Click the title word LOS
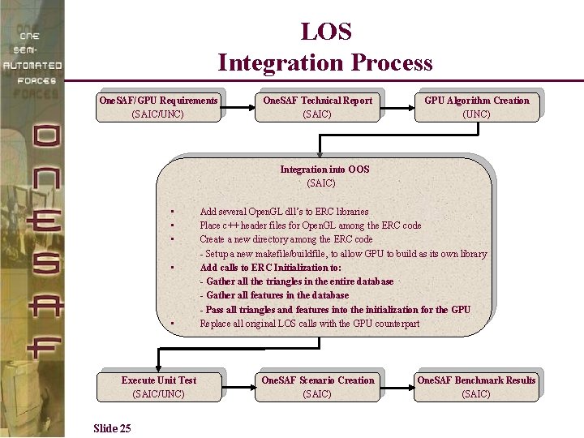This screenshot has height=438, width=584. click(326, 32)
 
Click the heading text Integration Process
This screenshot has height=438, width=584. click(325, 62)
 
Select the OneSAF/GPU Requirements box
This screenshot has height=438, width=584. click(158, 107)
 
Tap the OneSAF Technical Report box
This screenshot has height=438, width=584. click(317, 107)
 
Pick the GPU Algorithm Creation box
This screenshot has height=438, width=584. click(476, 107)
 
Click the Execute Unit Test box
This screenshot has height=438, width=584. click(159, 387)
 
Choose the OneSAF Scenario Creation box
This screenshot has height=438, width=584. click(317, 387)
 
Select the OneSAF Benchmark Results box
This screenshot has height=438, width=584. click(476, 387)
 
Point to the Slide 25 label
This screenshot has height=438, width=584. click(112, 428)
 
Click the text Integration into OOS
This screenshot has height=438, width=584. click(324, 170)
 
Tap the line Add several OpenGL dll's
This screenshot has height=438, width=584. click(284, 212)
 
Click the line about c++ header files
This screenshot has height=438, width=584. click(310, 225)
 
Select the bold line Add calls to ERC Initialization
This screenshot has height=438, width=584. click(270, 268)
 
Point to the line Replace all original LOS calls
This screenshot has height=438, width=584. click(309, 324)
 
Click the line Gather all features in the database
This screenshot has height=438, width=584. click(274, 295)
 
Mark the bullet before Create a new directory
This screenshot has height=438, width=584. click(174, 240)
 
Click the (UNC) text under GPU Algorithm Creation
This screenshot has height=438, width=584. click(476, 114)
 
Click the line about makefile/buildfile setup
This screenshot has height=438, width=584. click(343, 254)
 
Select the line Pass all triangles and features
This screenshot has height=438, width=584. click(335, 310)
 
